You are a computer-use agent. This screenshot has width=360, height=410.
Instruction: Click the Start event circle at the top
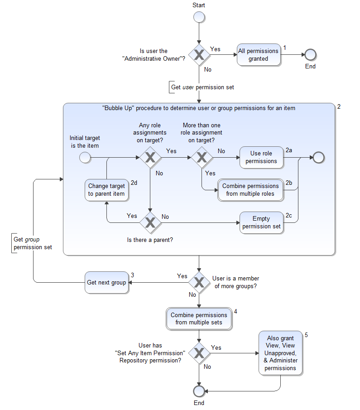click(x=199, y=17)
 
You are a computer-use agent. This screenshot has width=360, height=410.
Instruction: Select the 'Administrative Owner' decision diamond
click(x=199, y=55)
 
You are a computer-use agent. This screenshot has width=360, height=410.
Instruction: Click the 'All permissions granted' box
click(x=259, y=55)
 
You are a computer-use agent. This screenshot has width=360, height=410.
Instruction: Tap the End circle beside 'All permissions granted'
click(x=310, y=55)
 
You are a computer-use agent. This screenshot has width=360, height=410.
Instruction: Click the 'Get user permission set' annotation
click(x=202, y=87)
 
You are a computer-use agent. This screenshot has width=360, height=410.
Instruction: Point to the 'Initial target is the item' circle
click(x=85, y=157)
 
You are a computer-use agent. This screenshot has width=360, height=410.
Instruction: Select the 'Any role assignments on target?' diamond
click(x=149, y=157)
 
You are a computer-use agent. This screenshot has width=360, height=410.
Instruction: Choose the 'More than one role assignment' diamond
click(x=202, y=157)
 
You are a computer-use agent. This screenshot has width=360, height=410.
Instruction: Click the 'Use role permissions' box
click(x=261, y=157)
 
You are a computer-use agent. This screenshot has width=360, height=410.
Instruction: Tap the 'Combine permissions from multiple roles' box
click(x=250, y=190)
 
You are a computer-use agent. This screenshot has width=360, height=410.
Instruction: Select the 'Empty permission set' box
click(x=261, y=222)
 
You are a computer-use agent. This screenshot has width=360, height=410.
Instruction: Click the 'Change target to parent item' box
click(x=106, y=190)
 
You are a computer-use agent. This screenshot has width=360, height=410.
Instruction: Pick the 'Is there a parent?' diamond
click(x=149, y=222)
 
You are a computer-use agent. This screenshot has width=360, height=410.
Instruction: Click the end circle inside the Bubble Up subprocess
click(x=318, y=157)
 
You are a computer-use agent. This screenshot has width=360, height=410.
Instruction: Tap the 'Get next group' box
click(x=106, y=282)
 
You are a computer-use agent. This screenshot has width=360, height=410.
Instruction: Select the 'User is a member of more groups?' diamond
click(x=199, y=282)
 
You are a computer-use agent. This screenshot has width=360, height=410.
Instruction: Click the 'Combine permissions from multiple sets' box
click(x=199, y=318)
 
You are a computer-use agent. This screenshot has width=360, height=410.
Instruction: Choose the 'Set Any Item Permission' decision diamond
click(x=199, y=353)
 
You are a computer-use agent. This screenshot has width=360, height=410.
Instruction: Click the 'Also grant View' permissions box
click(x=280, y=353)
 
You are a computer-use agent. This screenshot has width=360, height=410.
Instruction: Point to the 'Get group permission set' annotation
click(x=33, y=243)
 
